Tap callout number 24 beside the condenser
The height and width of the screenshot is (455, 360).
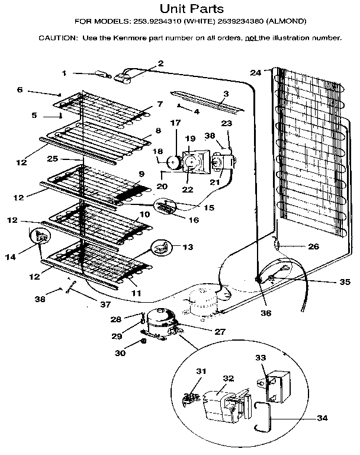pos(255,73)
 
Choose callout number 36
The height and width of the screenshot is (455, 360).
pos(266,312)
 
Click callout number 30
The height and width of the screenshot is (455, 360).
pos(121,355)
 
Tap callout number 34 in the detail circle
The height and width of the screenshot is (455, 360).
pos(322,418)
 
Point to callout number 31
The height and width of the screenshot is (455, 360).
pos(202,371)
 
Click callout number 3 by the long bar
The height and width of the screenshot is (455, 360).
pos(226,94)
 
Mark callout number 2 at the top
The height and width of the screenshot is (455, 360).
pos(160,63)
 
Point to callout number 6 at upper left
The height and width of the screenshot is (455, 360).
pos(20,89)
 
